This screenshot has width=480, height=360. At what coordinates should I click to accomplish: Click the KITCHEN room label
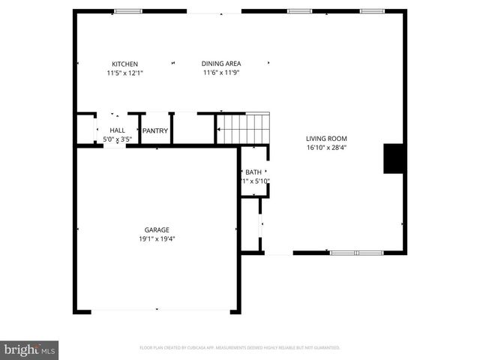pyautogui.click(x=124, y=64)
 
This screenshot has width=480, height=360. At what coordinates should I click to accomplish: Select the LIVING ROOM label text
pyautogui.click(x=326, y=138)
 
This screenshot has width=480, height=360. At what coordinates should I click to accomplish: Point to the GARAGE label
pyautogui.click(x=157, y=229)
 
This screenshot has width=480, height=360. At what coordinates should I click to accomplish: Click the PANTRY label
pyautogui.click(x=155, y=131)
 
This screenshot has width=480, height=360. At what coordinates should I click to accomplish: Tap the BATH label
pyautogui.click(x=253, y=172)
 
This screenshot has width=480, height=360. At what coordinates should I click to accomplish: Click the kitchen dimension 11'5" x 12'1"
pyautogui.click(x=124, y=73)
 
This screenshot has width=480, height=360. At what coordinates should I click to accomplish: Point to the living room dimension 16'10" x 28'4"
pyautogui.click(x=326, y=148)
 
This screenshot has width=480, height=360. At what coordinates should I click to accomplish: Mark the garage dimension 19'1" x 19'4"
pyautogui.click(x=157, y=238)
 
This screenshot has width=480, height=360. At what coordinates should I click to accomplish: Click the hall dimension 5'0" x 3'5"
pyautogui.click(x=117, y=139)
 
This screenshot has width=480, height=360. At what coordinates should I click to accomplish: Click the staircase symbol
pyautogui.click(x=243, y=128)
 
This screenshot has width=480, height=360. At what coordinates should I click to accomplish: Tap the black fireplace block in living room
pyautogui.click(x=394, y=158)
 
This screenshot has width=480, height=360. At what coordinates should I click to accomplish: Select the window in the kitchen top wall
pyautogui.click(x=128, y=11)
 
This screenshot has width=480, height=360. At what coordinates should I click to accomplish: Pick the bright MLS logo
pyautogui.click(x=29, y=349)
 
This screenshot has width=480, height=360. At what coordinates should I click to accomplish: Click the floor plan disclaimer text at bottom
pyautogui.click(x=240, y=348)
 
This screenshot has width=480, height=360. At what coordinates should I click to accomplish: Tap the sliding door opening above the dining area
pyautogui.click(x=214, y=11)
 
